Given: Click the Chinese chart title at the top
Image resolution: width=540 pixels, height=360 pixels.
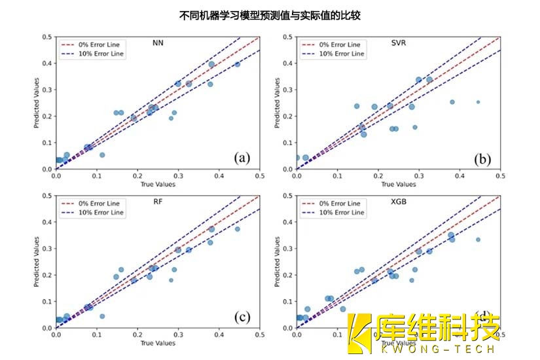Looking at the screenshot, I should pyautogui.click(x=270, y=14).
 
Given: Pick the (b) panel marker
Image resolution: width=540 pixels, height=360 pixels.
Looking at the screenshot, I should pyautogui.click(x=482, y=158).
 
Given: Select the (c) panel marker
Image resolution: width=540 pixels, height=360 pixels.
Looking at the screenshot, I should pyautogui.click(x=242, y=317).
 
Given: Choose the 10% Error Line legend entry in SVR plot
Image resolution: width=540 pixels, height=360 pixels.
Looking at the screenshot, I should pyautogui.click(x=341, y=54).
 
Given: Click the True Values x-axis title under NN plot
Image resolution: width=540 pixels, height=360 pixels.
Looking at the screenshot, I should pyautogui.click(x=157, y=185).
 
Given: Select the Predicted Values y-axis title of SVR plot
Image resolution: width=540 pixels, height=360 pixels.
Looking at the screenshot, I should pyautogui.click(x=277, y=103).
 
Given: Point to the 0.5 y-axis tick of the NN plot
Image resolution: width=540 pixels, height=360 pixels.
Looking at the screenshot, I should pyautogui.click(x=46, y=37).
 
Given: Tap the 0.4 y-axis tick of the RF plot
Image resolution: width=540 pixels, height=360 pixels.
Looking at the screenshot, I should pyautogui.click(x=46, y=222).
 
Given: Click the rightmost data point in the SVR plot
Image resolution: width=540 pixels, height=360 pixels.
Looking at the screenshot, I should pyautogui.click(x=478, y=102).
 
